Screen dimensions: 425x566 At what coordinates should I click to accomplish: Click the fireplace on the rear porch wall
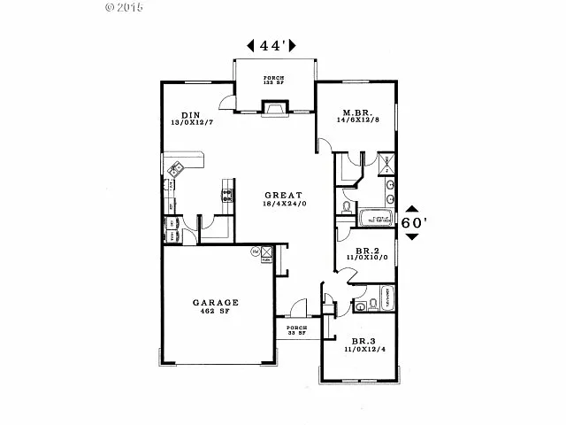click(274, 108)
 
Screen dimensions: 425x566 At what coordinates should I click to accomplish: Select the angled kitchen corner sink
click(175, 166)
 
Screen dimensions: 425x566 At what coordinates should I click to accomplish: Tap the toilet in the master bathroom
click(347, 205)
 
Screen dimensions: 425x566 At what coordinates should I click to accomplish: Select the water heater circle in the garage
click(255, 251)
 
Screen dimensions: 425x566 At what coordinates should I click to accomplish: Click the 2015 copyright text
click(126, 7)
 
